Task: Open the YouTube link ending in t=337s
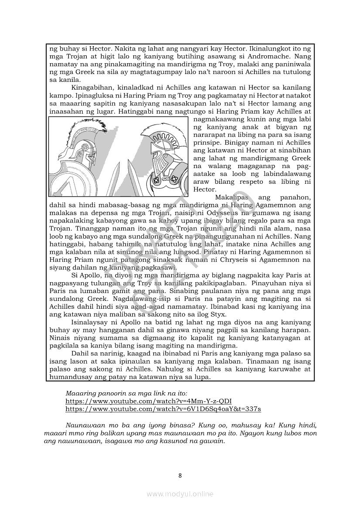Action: [x=163, y=409]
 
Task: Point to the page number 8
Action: [x=180, y=475]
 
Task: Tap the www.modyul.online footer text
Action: [x=180, y=494]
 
